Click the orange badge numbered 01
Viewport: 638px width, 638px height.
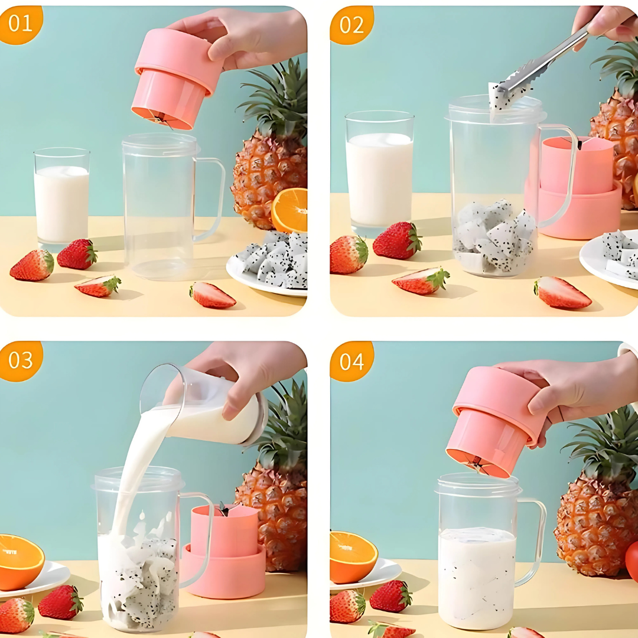click(x=20, y=24)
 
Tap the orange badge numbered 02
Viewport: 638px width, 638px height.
click(x=351, y=24)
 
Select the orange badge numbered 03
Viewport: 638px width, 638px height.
click(x=20, y=360)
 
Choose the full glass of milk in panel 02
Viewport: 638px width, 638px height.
click(x=380, y=173)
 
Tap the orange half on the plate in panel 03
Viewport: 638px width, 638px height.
click(x=19, y=562)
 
